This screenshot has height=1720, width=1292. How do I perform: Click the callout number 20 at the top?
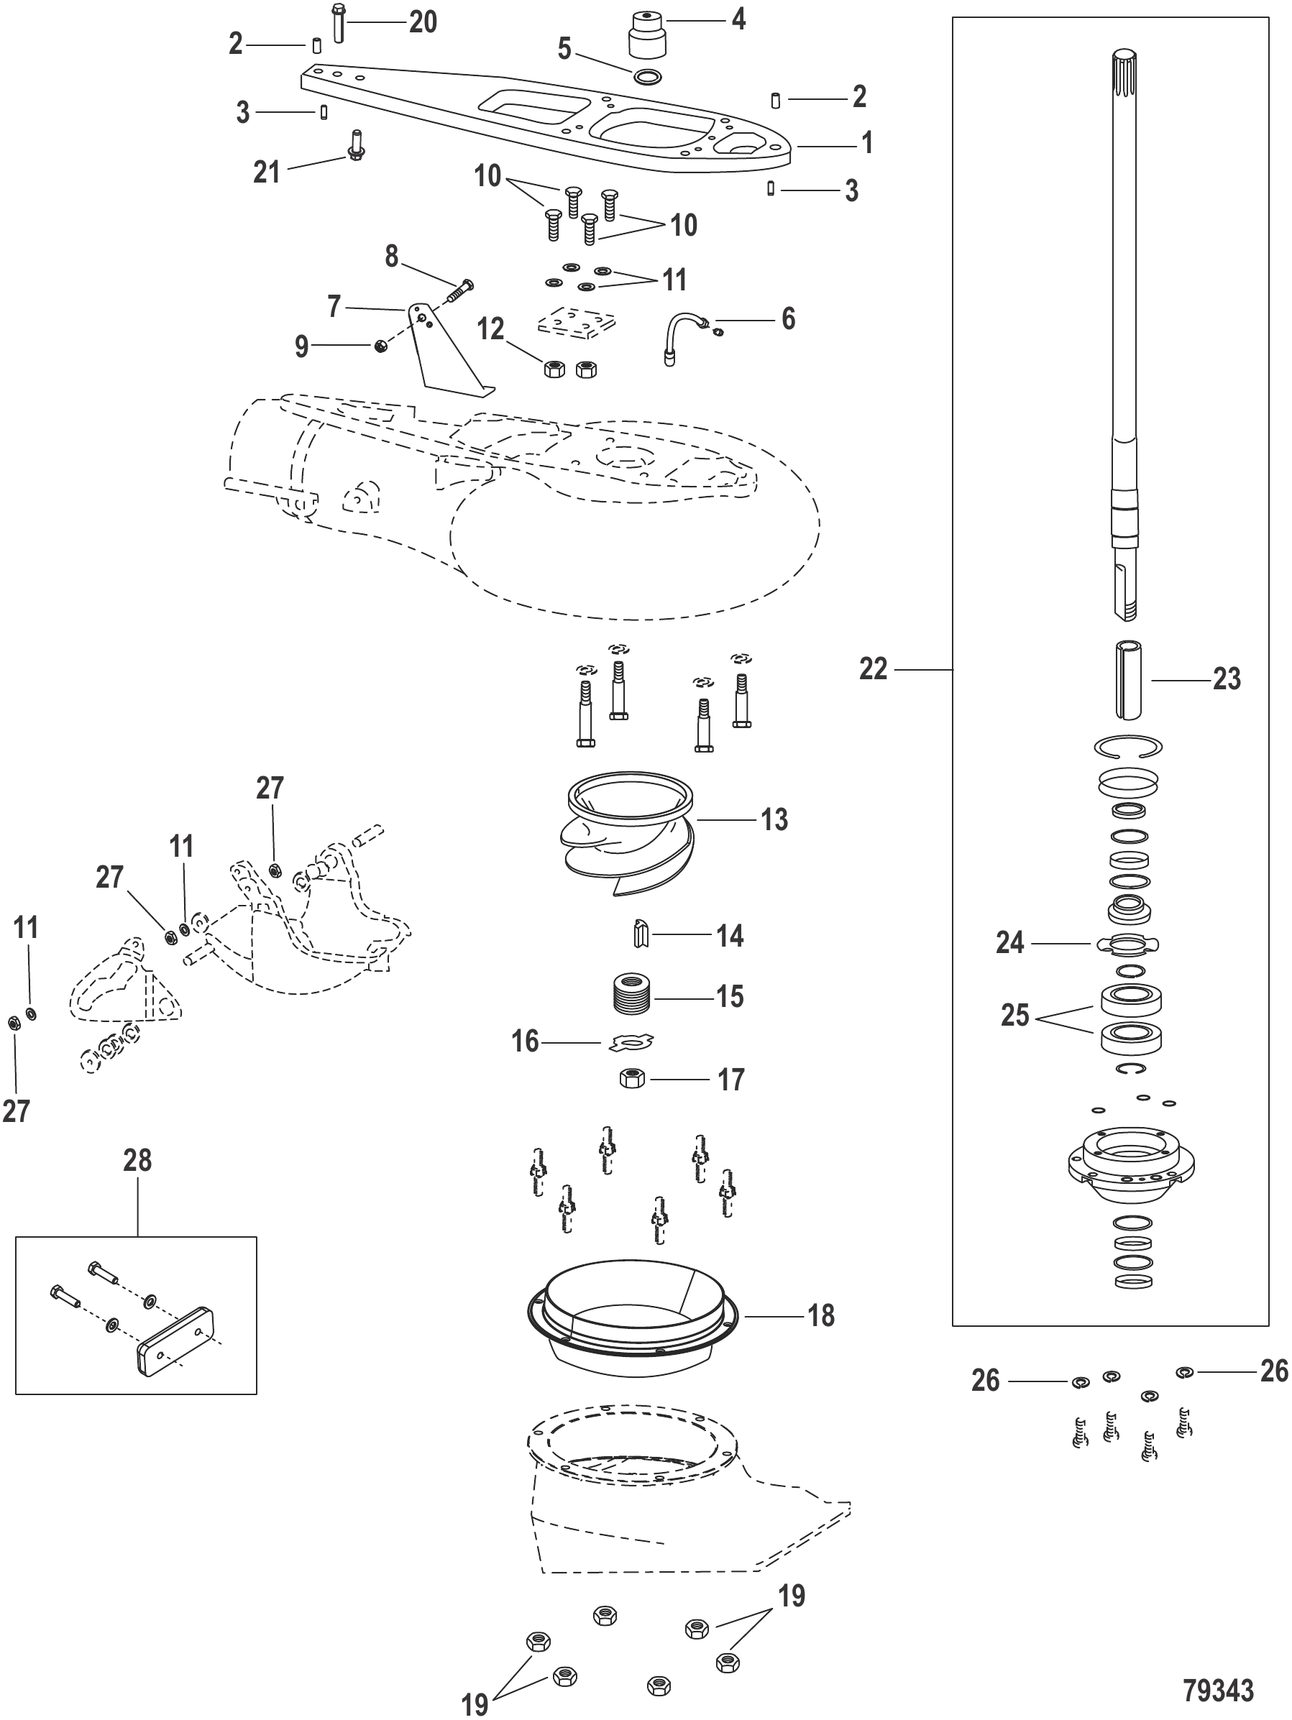(x=423, y=22)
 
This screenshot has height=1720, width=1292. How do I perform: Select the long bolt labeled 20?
(x=338, y=23)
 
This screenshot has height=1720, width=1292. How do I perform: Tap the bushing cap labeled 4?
(x=647, y=35)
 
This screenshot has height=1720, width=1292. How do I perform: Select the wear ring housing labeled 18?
(x=631, y=1321)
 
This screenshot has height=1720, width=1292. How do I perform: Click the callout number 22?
(x=873, y=668)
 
